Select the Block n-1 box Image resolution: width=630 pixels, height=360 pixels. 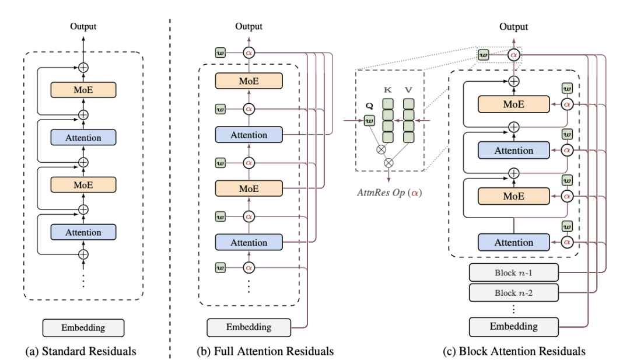point(513,272)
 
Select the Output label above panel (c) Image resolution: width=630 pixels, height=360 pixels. point(514,27)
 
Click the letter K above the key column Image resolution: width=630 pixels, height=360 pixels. point(387,90)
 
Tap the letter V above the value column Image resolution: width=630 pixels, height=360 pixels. point(409,90)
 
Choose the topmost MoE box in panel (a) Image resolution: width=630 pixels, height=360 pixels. point(83,90)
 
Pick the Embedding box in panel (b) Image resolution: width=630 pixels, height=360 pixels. point(249,327)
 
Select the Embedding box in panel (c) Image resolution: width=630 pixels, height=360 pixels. point(513,326)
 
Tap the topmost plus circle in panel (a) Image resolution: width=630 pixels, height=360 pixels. point(83,67)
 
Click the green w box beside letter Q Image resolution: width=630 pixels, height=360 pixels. point(369,121)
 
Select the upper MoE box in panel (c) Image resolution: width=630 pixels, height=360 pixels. point(513,104)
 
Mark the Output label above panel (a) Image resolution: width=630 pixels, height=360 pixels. point(83,26)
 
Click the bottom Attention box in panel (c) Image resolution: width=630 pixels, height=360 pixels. point(513,242)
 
